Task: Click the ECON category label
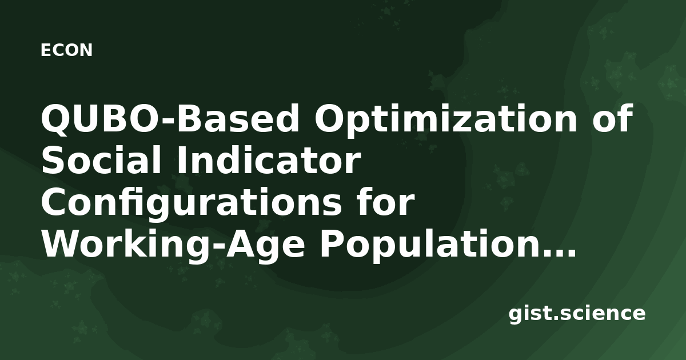pyautogui.click(x=66, y=50)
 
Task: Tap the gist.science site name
pyautogui.click(x=577, y=314)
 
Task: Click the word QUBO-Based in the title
pyautogui.click(x=170, y=119)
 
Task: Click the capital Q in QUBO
pyautogui.click(x=57, y=119)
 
